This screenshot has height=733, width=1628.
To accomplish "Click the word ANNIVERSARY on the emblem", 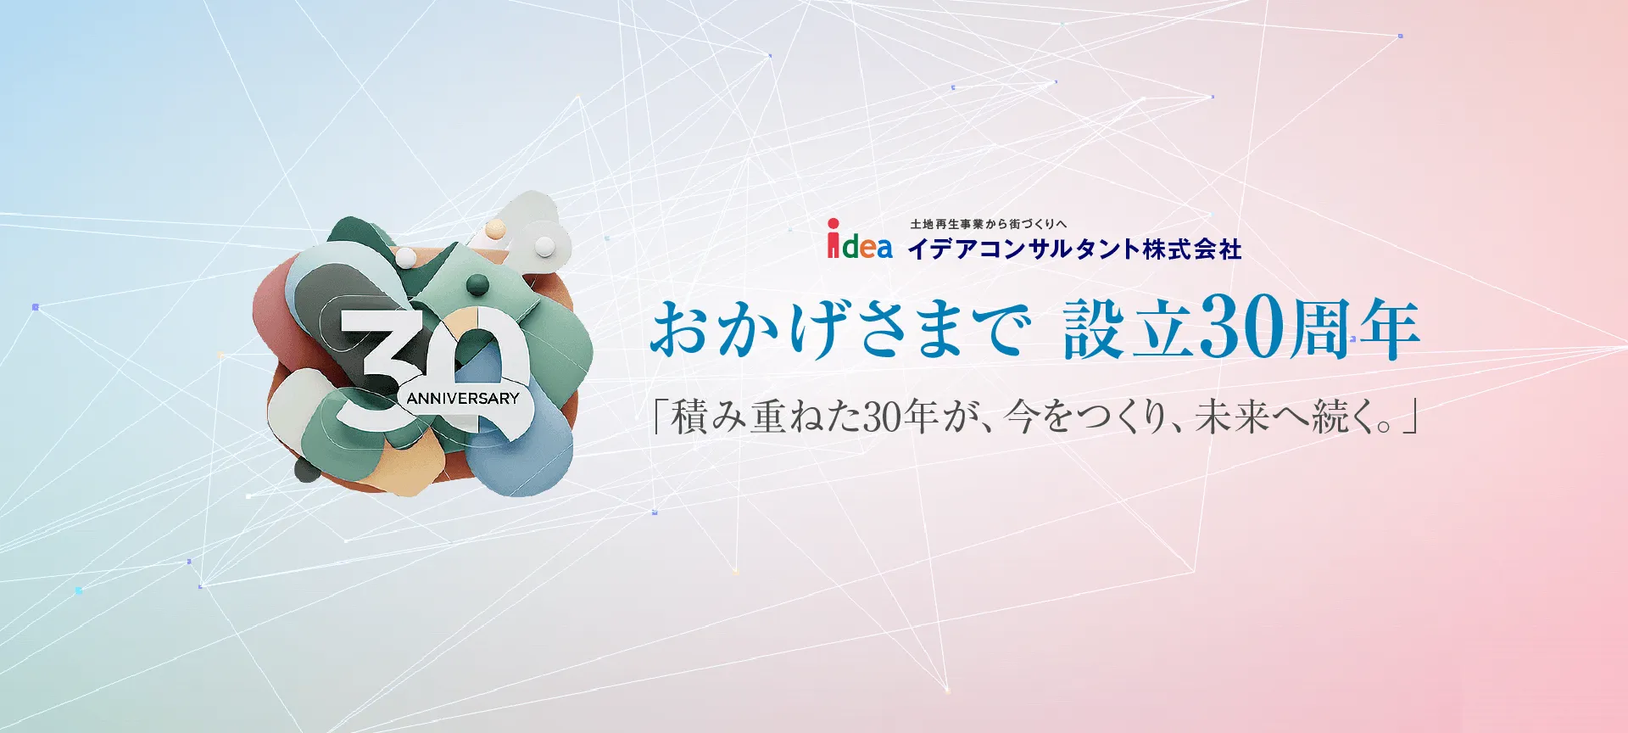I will pos(462,398).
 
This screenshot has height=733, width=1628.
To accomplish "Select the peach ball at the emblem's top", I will pos(496,227).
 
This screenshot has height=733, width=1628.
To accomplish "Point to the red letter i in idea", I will pos(834,240).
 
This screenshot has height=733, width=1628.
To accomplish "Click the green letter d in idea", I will pos(849,246).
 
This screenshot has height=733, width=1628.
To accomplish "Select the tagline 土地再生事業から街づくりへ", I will pos(988,224).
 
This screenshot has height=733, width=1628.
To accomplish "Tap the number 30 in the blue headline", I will pos(1241,328).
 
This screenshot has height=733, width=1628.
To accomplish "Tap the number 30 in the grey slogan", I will pos(882,417).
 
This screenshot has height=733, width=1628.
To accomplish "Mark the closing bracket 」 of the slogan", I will pos(1408,418).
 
